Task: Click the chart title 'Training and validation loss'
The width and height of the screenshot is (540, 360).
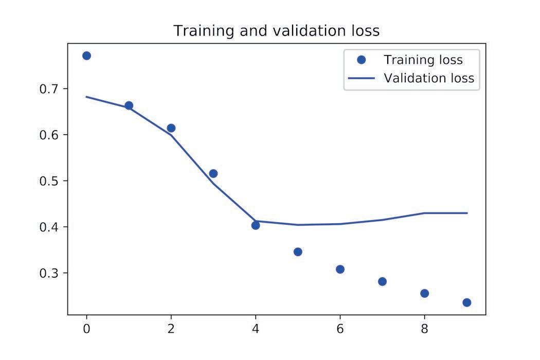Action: coord(276,31)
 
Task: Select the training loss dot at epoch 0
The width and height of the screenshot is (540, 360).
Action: coord(86,56)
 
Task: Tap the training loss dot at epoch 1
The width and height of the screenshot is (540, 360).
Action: coord(129,105)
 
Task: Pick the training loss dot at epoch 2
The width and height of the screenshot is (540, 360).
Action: coord(171,128)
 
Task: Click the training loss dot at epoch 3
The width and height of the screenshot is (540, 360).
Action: coord(213,173)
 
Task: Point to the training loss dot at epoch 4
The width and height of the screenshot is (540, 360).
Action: coord(256,225)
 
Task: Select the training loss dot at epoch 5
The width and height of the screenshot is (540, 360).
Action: coord(298,251)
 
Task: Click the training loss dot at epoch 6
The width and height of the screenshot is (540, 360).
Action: coord(340,269)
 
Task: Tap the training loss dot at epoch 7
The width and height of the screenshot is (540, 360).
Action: coord(382,281)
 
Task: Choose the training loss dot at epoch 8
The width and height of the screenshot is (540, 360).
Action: coord(424,293)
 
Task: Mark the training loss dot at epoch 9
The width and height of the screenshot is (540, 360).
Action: coord(466,302)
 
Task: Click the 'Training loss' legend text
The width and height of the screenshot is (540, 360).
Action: coord(423,60)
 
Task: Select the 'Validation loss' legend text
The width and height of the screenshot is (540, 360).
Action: coord(428,79)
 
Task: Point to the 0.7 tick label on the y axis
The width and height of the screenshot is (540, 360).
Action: coord(50,89)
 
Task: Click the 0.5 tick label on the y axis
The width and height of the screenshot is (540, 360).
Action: coord(50,181)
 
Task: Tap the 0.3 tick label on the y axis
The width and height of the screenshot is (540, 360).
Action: coord(50,273)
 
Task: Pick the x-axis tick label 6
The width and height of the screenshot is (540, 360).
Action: coord(340,328)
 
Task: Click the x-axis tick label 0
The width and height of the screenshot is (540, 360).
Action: coord(86,328)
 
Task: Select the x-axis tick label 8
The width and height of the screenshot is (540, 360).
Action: coord(424,328)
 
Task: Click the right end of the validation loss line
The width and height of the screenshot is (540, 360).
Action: coord(466,213)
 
